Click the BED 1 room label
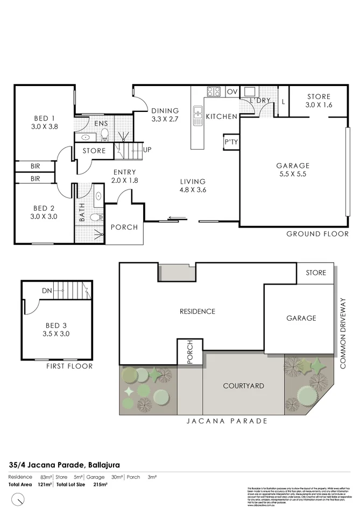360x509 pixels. click(x=45, y=118)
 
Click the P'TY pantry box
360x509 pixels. click(x=231, y=142)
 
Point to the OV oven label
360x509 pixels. click(x=232, y=92)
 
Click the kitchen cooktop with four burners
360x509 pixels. click(x=214, y=91)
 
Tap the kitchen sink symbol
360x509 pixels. click(x=197, y=115)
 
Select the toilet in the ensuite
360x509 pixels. click(x=104, y=135)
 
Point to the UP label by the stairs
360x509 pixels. click(x=147, y=150)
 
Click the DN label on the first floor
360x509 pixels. click(x=46, y=291)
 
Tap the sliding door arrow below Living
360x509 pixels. click(x=178, y=218)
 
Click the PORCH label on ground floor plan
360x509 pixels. click(x=124, y=227)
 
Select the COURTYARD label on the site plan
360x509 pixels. click(x=243, y=386)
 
